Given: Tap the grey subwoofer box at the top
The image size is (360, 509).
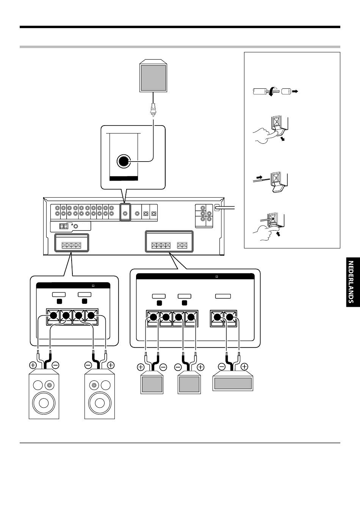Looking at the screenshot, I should pyautogui.click(x=153, y=77).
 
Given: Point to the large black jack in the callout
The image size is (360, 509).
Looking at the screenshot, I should pyautogui.click(x=123, y=161).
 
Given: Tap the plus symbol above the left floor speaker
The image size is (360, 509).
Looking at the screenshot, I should pyautogui.click(x=33, y=366).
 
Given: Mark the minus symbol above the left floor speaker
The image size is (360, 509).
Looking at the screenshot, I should pyautogui.click(x=55, y=366).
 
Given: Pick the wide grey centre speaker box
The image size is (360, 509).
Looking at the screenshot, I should pyautogui.click(x=233, y=383).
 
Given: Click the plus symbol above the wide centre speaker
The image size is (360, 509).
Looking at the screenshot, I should pyautogui.click(x=244, y=367).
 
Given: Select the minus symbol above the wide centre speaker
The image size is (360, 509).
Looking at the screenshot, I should pyautogui.click(x=222, y=367).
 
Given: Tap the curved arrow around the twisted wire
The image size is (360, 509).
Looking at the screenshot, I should pyautogui.click(x=271, y=92).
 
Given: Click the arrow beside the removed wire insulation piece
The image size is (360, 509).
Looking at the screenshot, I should pyautogui.click(x=295, y=91).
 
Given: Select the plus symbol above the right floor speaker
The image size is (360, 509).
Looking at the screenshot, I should pyautogui.click(x=110, y=366).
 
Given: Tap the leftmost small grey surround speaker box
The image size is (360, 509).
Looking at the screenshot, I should pyautogui.click(x=152, y=384).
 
